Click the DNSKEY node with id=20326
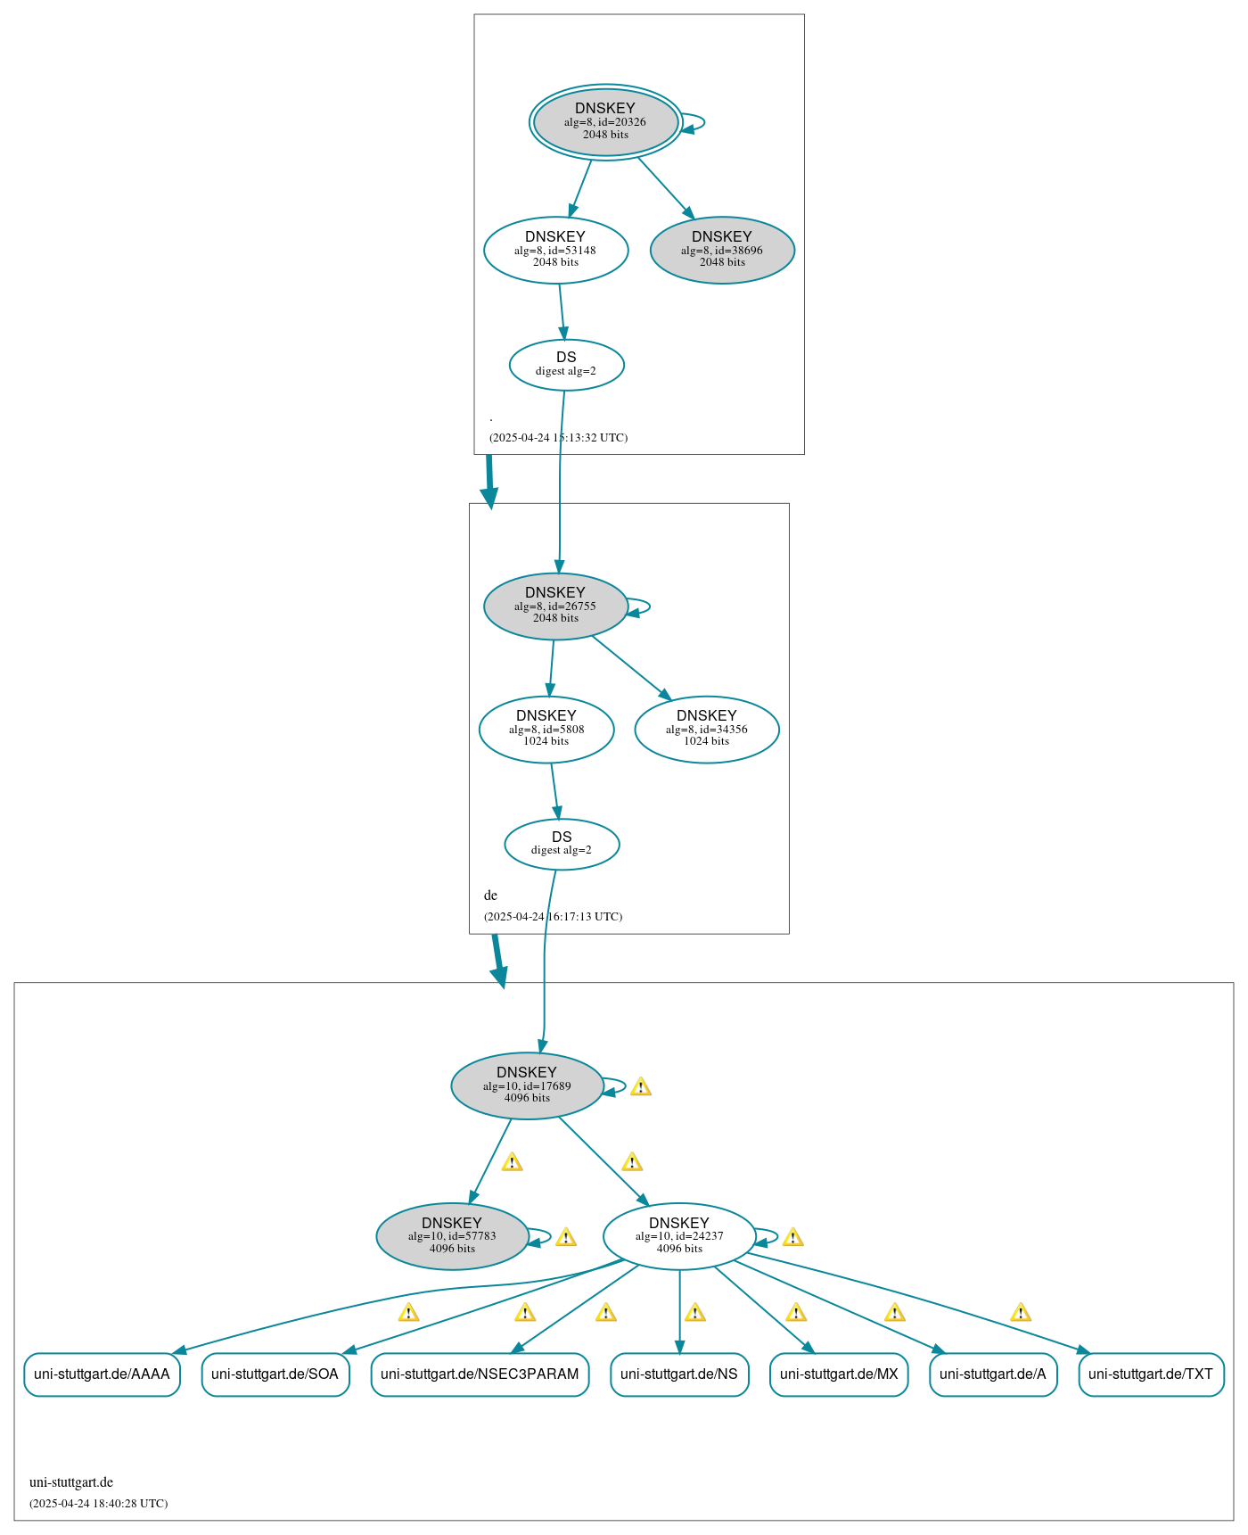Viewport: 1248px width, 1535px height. pyautogui.click(x=605, y=122)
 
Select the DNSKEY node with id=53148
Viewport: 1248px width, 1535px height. pyautogui.click(x=555, y=250)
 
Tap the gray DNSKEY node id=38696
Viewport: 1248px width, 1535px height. pyautogui.click(x=722, y=250)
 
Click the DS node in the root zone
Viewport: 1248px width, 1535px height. pyautogui.click(x=566, y=364)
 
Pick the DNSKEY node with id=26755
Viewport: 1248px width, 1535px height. pyautogui.click(x=555, y=606)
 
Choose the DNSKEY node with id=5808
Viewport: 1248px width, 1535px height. pyautogui.click(x=546, y=729)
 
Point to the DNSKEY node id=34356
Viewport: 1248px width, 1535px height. pyautogui.click(x=706, y=729)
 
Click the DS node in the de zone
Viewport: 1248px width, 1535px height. pyautogui.click(x=562, y=844)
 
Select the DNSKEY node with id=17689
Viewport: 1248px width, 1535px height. pyautogui.click(x=527, y=1085)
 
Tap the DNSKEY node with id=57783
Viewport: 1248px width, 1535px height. pyautogui.click(x=452, y=1236)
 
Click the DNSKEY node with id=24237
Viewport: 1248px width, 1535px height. pyautogui.click(x=679, y=1236)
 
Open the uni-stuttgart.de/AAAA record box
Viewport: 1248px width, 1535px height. pyautogui.click(x=102, y=1374)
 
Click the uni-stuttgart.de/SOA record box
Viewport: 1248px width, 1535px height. pyautogui.click(x=275, y=1374)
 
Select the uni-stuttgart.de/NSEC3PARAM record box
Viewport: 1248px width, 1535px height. pyautogui.click(x=480, y=1374)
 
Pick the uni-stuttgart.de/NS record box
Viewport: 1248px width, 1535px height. pyautogui.click(x=679, y=1374)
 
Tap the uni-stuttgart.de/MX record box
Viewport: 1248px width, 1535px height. pyautogui.click(x=839, y=1374)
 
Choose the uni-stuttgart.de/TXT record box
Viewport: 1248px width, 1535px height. pyautogui.click(x=1151, y=1374)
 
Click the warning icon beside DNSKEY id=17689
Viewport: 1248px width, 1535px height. pyautogui.click(x=641, y=1087)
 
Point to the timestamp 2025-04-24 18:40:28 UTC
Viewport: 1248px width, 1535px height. pyautogui.click(x=98, y=1503)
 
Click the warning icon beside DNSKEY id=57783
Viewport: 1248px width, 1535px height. pyautogui.click(x=566, y=1238)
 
